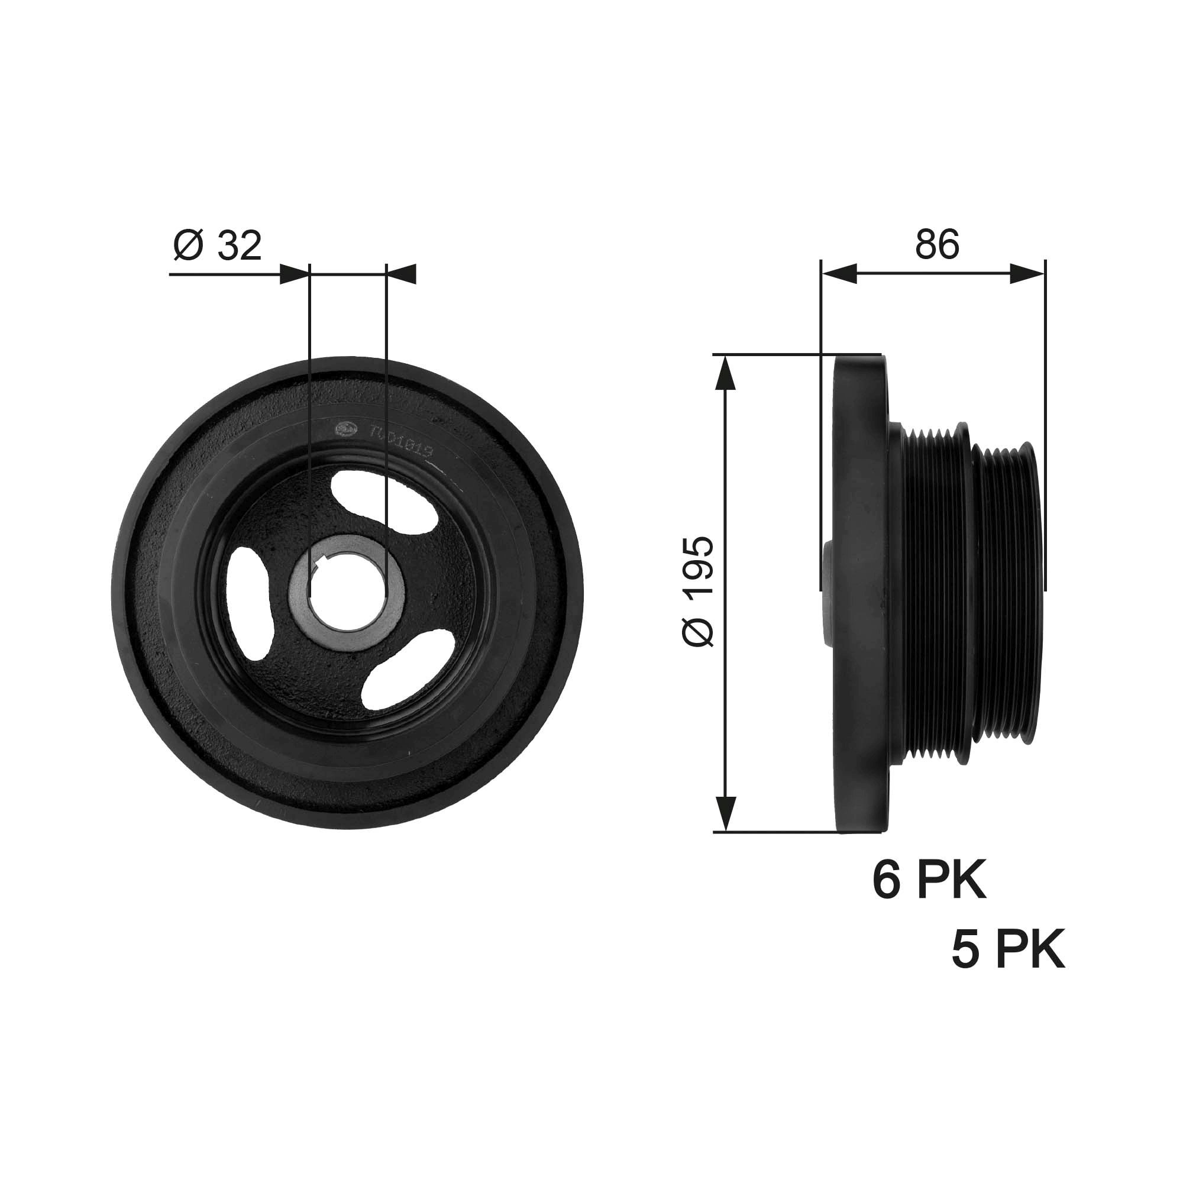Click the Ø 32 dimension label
217,246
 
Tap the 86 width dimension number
937,245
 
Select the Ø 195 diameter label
699,592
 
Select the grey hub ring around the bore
392,619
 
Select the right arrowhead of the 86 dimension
1027,274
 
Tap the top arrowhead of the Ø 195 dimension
725,373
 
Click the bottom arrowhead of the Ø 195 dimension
725,813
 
